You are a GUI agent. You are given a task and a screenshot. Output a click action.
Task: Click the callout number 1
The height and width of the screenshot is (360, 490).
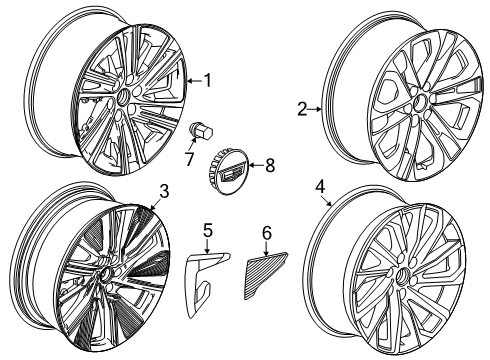pos(208,80)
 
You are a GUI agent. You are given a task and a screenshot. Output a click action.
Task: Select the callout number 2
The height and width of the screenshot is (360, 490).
pos(302,109)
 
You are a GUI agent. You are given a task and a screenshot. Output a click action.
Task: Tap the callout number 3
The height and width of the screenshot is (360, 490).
pos(164,191)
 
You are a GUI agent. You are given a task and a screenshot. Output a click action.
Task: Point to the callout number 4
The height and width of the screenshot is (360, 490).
pos(320,187)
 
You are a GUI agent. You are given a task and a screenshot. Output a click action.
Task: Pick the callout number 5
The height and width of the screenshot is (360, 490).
pos(208,230)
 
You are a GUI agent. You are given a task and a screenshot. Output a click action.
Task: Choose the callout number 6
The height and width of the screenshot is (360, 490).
pos(267,233)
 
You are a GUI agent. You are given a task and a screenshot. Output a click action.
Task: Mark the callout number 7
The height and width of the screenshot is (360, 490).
pos(189,159)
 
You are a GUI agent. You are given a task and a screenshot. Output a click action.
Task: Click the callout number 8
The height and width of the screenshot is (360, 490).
pos(270,165)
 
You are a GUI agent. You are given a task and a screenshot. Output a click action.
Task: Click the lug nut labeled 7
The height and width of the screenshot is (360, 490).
pos(201,131)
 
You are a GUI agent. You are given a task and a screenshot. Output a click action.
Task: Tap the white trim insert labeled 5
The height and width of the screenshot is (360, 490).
pos(204,283)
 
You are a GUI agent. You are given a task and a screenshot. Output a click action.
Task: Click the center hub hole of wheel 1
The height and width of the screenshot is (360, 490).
pos(124,96)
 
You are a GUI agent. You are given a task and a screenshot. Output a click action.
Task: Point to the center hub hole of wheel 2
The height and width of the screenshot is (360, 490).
pos(419,103)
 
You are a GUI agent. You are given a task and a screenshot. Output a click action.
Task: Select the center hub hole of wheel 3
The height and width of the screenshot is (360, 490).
pos(107,275)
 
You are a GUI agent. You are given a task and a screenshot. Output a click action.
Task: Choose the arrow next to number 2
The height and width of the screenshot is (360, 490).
pos(315,109)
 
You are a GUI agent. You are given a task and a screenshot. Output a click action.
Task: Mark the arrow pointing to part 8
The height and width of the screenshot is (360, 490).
pos(256,165)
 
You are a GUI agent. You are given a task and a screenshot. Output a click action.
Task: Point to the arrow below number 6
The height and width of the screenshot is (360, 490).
pos(267,249)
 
